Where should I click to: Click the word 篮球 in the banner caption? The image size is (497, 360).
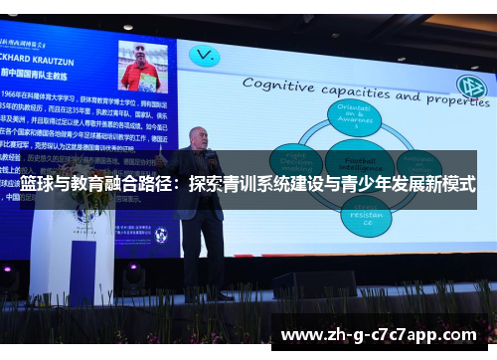pos(36,184)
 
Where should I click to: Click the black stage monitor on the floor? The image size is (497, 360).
pos(313,284)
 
